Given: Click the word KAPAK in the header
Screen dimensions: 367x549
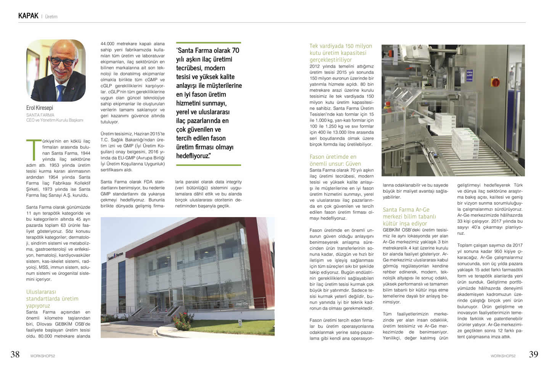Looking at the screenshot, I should (x=28, y=16).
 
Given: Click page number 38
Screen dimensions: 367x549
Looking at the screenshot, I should (x=15, y=354).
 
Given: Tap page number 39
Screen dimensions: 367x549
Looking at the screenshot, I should (x=533, y=354).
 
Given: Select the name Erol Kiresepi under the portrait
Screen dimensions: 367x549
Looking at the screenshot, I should (x=40, y=108).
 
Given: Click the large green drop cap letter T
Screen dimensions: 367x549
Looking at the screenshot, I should (x=33, y=149).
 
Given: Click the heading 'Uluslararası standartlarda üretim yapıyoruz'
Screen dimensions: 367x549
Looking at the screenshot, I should (x=52, y=299).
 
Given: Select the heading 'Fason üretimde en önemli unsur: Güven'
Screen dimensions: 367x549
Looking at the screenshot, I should (x=335, y=160).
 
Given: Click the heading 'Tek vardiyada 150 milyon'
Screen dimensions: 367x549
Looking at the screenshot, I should (x=340, y=46).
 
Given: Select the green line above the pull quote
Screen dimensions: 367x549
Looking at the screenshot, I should (x=208, y=42).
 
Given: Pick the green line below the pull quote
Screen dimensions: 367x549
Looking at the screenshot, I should (x=208, y=165).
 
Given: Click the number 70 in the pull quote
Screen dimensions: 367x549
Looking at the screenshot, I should (x=235, y=50).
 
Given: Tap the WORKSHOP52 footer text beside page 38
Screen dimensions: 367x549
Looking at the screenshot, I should (x=43, y=356).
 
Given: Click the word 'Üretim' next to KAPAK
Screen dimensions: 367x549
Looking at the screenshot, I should (x=51, y=17).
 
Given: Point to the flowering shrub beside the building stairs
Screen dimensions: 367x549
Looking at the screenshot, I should (x=182, y=321).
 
